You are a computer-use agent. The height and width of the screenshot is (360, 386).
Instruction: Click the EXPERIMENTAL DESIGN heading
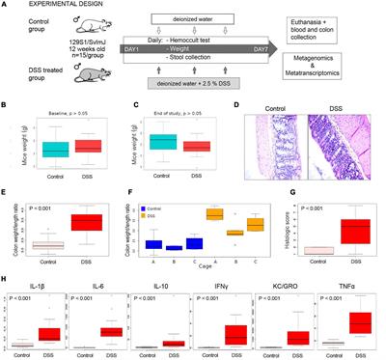click(x=49, y=6)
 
